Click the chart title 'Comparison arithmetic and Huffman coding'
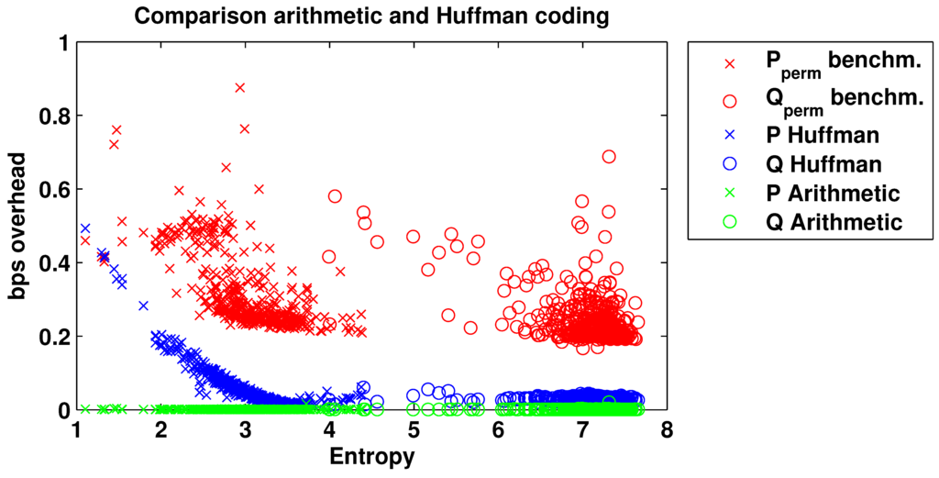coord(370,16)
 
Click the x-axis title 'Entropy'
coord(371,456)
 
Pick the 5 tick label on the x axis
coord(414,431)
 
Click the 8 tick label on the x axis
coord(667,431)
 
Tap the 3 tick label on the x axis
coord(245,431)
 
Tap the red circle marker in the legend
coord(730,99)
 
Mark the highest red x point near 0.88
coord(240,87)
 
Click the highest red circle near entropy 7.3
coord(609,156)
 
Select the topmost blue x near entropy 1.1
coord(85,228)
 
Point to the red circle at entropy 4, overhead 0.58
coord(335,196)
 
